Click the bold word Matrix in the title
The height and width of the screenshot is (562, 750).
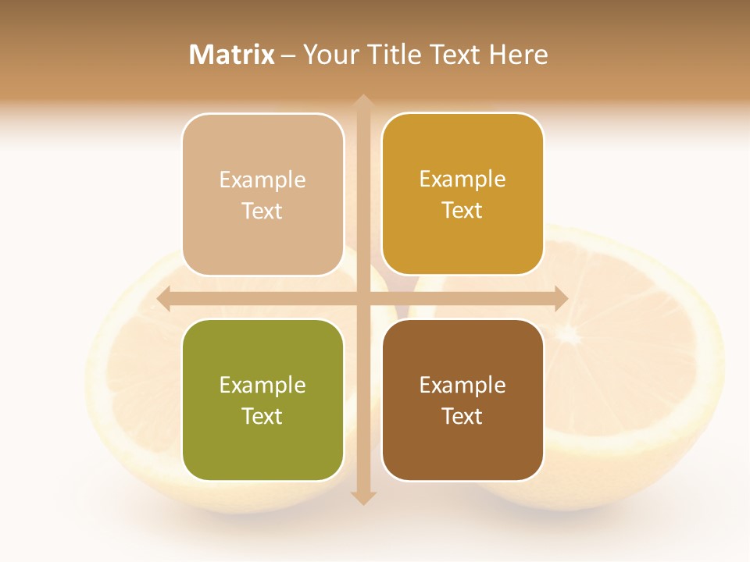232,55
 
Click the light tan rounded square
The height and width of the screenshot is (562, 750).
262,194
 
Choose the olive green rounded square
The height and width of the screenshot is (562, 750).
262,400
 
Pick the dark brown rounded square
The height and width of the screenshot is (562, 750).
462,400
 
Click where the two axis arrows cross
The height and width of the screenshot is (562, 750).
362,299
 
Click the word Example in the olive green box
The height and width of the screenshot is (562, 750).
262,385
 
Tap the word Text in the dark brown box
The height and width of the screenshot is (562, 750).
462,416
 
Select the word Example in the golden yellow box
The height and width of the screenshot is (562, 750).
462,179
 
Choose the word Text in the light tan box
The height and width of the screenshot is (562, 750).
262,211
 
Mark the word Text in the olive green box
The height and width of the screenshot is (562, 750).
262,416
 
